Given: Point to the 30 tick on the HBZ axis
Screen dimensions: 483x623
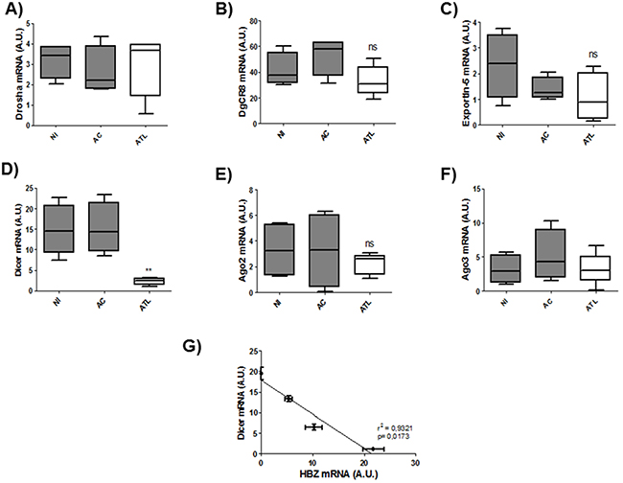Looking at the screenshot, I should tap(414, 462).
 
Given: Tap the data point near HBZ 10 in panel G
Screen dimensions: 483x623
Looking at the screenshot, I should tap(312, 426).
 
